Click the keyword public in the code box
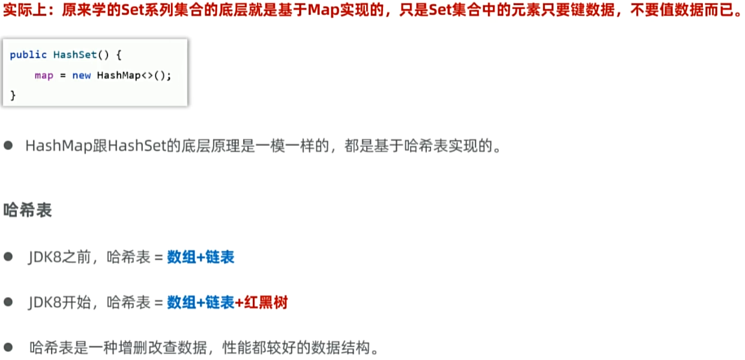pyautogui.click(x=28, y=55)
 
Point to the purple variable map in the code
pyautogui.click(x=44, y=76)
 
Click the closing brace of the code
pyautogui.click(x=13, y=95)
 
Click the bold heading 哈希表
pyautogui.click(x=28, y=211)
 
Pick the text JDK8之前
pyautogui.click(x=59, y=257)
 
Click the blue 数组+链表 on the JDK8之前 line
pyautogui.click(x=201, y=257)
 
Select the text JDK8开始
pyautogui.click(x=59, y=302)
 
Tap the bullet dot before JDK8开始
pyautogui.click(x=8, y=302)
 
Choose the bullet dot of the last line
pyautogui.click(x=8, y=347)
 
